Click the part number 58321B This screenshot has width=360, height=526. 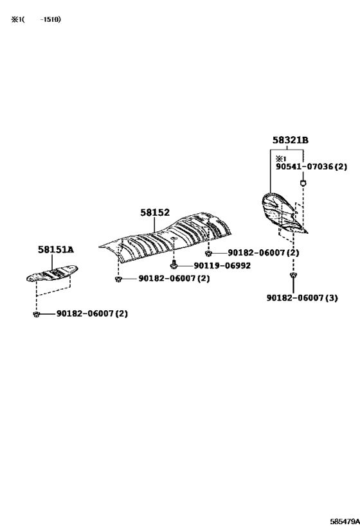[x=290, y=140]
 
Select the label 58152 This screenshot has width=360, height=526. [x=155, y=213]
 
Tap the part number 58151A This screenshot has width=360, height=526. [x=56, y=250]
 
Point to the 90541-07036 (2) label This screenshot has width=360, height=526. [x=311, y=166]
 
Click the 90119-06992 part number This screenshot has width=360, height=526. [x=222, y=266]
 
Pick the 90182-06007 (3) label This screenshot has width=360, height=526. [x=302, y=298]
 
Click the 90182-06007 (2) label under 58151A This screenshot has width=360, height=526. [x=92, y=313]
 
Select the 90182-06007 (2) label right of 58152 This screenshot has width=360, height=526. [x=264, y=252]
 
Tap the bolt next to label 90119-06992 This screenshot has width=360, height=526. [x=174, y=265]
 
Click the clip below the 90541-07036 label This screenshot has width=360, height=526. [x=303, y=183]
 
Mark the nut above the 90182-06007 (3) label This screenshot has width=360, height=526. [x=293, y=276]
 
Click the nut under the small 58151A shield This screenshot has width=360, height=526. [x=37, y=314]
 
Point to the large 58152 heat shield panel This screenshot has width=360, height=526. [x=165, y=237]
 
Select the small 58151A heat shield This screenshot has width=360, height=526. [x=52, y=274]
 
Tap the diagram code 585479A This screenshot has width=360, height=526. [x=345, y=522]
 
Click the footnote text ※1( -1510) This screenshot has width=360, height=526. [x=36, y=19]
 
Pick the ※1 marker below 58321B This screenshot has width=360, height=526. [x=280, y=159]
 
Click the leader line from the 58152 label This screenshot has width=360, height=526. [x=154, y=224]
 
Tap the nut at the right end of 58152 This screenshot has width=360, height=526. [x=208, y=252]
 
